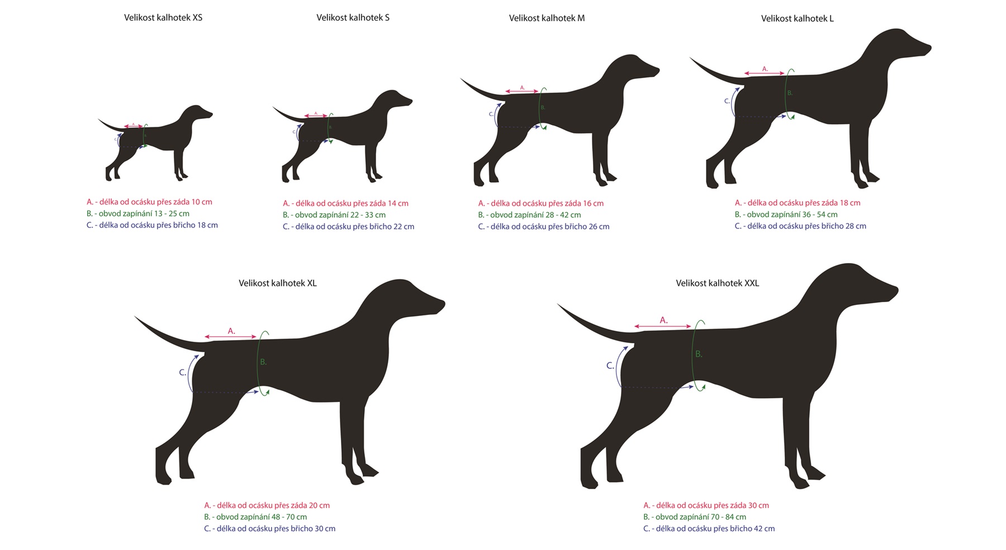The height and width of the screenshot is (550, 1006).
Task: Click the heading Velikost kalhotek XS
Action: (163, 18)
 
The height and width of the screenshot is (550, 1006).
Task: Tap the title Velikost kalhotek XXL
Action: (718, 283)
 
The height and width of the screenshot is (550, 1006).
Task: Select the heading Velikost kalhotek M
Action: (547, 18)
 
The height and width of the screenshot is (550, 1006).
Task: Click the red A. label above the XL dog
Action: (231, 331)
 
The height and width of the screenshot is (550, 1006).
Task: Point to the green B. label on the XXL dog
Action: (699, 354)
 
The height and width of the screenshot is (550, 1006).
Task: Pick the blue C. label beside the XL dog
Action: (183, 372)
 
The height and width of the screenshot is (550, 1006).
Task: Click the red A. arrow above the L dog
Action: (765, 74)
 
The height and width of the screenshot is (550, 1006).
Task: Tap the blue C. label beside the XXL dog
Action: (610, 366)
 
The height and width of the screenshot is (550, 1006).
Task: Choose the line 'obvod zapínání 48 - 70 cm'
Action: (255, 517)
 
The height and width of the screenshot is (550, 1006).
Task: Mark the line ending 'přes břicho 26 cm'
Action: (544, 227)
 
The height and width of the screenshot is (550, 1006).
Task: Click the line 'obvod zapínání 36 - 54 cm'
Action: (786, 214)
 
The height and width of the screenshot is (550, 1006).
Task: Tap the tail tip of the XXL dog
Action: (558, 304)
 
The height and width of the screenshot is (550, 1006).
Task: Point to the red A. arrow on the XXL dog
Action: (663, 327)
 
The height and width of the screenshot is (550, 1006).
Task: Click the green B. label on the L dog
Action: (790, 93)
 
